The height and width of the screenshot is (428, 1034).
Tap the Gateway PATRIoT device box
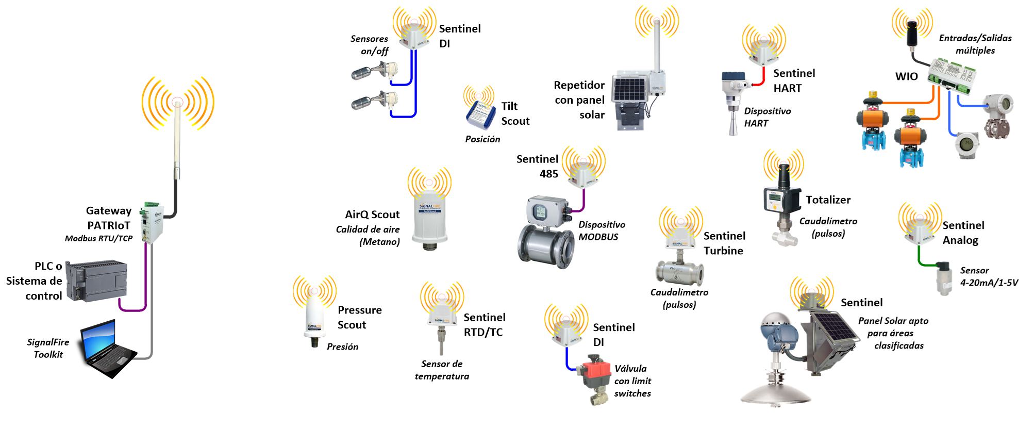[153, 222]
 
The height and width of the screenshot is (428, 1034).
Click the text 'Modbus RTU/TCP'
[98, 238]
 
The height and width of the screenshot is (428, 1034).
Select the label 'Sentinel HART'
[794, 81]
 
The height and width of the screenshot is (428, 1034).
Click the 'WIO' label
[906, 77]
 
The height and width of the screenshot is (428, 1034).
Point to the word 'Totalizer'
[828, 200]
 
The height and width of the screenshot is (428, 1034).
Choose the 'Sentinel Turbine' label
[724, 243]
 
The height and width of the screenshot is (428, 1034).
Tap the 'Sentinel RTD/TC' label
[484, 325]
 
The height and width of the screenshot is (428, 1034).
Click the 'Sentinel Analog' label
[963, 233]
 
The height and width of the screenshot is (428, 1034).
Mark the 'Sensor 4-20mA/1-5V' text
[988, 276]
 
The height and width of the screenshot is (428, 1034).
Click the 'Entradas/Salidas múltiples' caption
[975, 44]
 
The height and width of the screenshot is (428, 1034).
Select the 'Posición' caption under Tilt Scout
[482, 139]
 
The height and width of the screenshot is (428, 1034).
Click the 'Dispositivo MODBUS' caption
[601, 231]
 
